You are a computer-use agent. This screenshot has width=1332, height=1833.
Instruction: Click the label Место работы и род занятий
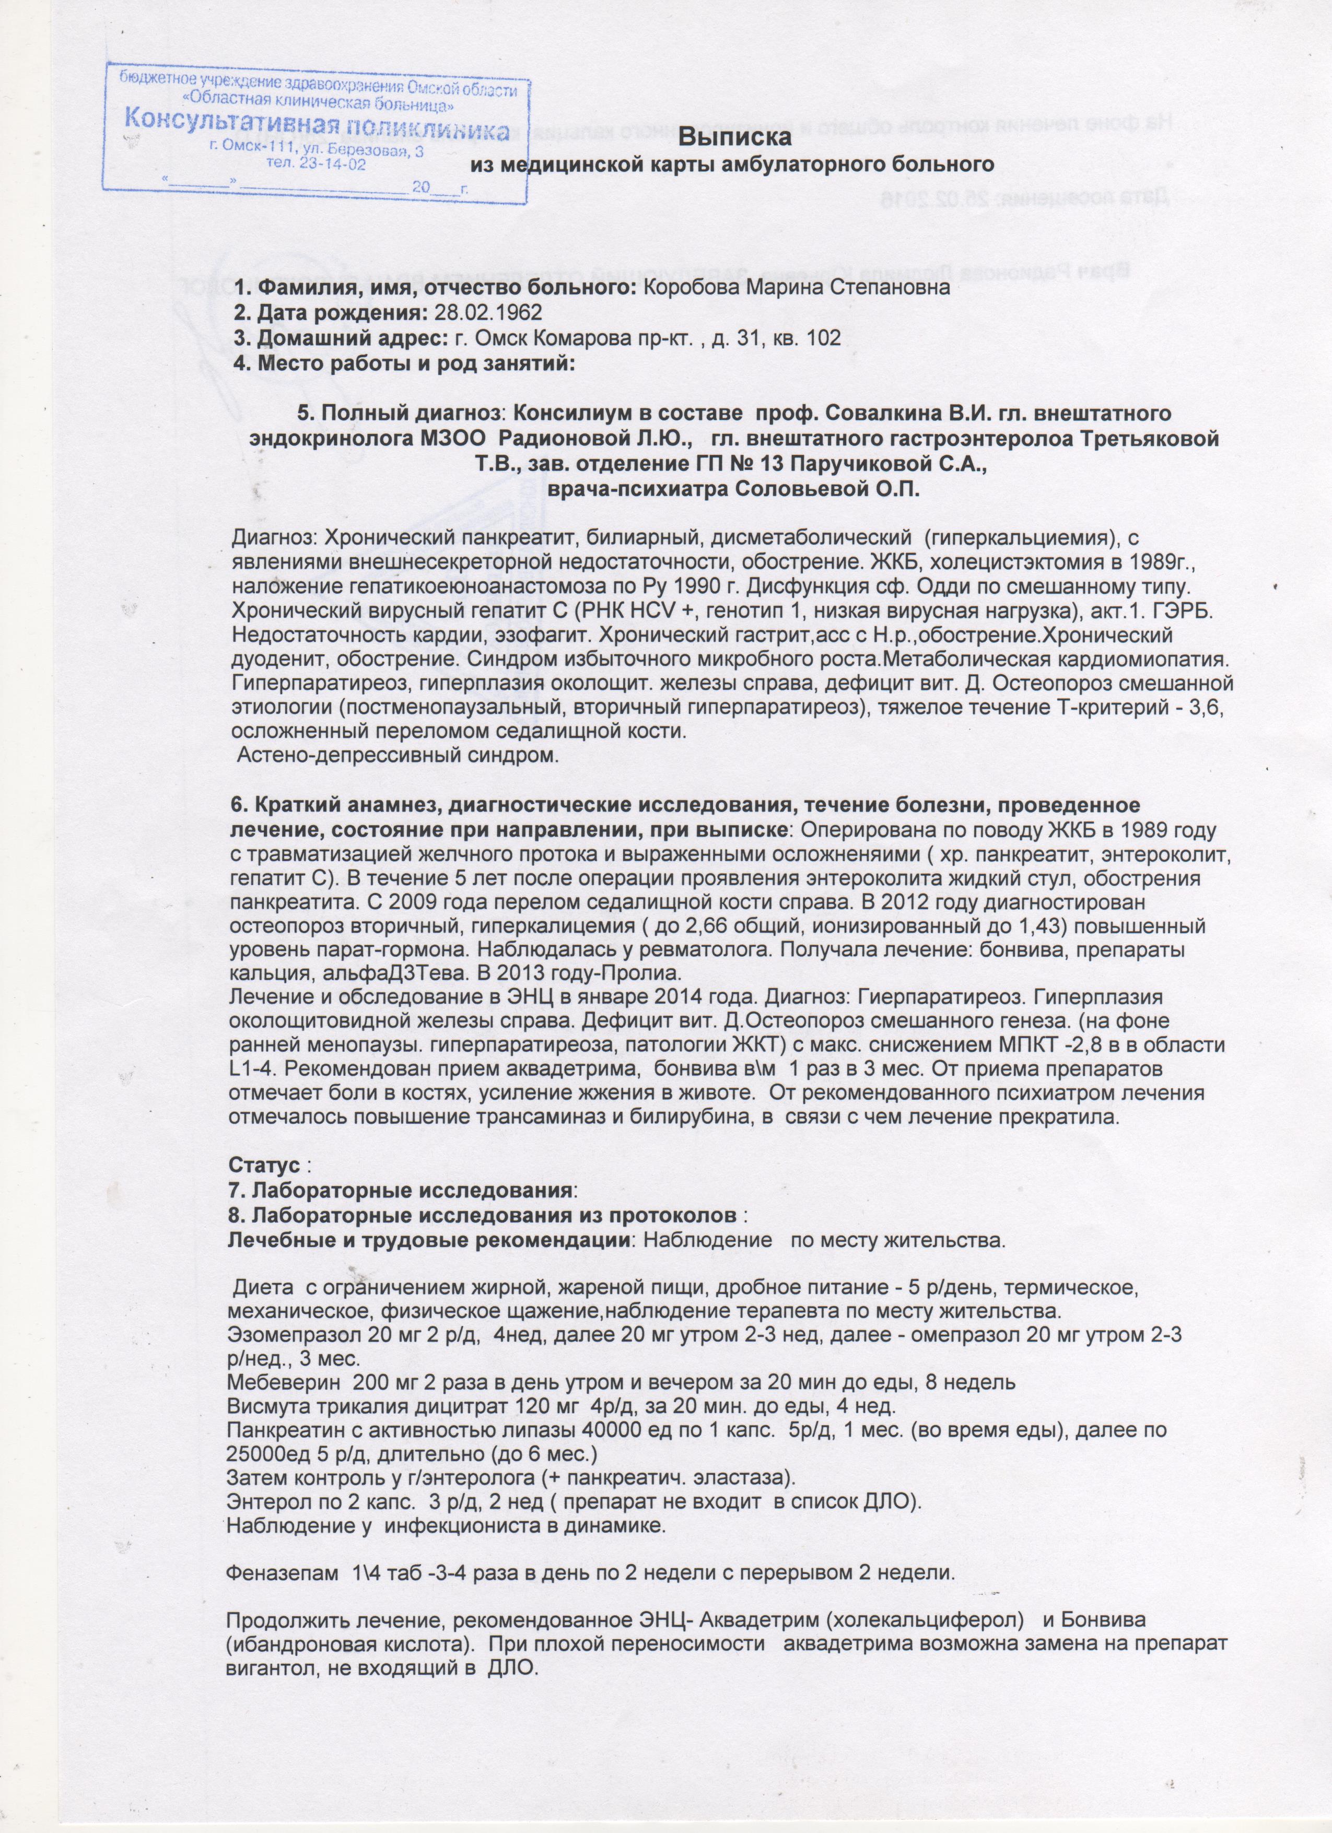coord(404,363)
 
